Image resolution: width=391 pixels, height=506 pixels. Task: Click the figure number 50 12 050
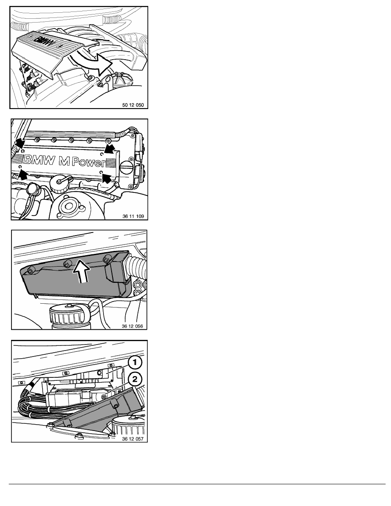[x=133, y=105]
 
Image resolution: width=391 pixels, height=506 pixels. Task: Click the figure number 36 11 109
[x=133, y=216]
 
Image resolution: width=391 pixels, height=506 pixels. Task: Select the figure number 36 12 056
[x=132, y=326]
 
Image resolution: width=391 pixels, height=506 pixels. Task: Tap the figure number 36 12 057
[x=132, y=439]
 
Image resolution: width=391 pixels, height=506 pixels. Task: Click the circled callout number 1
[x=135, y=362]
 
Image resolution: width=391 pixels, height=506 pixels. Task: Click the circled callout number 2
[x=135, y=379]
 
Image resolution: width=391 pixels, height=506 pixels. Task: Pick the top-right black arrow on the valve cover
[x=110, y=149]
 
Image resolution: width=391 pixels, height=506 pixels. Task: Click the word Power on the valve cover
[x=88, y=162]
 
